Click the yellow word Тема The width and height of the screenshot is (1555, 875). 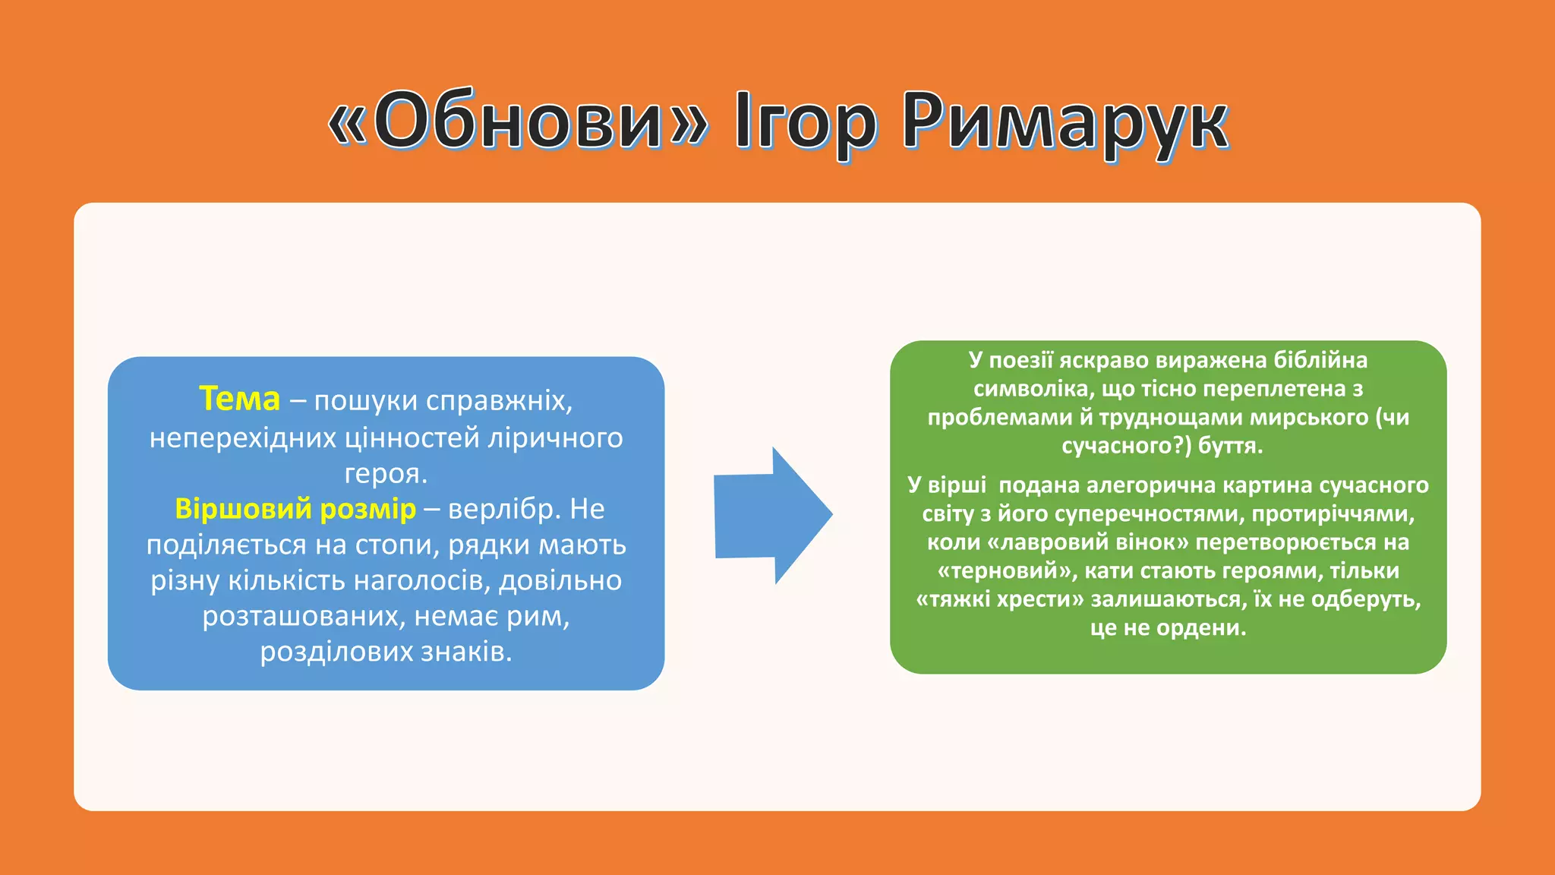coord(239,399)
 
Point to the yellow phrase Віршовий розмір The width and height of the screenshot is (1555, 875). coord(295,509)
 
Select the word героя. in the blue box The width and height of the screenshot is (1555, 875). coord(386,473)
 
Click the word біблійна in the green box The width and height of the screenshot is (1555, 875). coord(1320,360)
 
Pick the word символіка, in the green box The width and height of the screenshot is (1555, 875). coord(1033,389)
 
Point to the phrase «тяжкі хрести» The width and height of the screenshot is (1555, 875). coord(1000,599)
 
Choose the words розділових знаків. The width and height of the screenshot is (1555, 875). coord(386,652)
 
